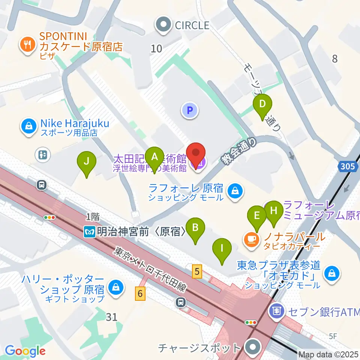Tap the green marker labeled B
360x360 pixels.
195,228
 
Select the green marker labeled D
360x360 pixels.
263,104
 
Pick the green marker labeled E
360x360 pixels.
257,216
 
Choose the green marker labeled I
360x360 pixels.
222,248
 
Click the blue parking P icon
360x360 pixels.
190,110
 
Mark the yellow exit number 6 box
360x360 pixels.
140,293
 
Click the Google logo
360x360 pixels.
25,351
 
